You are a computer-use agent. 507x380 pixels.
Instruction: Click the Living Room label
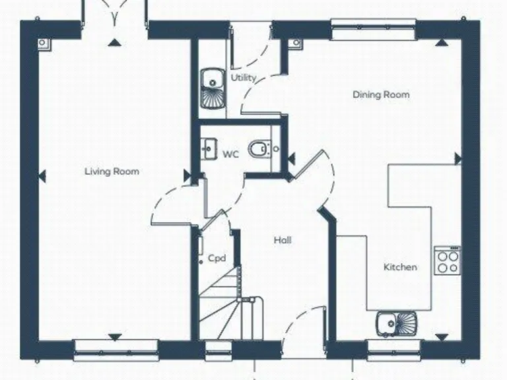[112, 172]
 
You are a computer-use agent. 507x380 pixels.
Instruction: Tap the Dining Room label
[380, 94]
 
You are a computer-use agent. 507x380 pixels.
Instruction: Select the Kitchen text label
[400, 267]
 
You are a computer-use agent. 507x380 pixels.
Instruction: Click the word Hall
[283, 240]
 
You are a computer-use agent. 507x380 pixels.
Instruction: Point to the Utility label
[243, 78]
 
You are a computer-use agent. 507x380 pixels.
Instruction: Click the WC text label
[230, 154]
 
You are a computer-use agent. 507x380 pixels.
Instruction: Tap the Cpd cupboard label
[217, 259]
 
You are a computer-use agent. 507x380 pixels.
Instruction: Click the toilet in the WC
[259, 150]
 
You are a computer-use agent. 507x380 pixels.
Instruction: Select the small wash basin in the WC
[209, 149]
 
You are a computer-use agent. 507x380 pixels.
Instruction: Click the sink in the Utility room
[212, 89]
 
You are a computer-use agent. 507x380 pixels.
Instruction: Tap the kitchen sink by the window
[397, 323]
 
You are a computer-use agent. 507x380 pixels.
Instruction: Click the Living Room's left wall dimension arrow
[43, 175]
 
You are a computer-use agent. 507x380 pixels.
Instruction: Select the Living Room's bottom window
[115, 346]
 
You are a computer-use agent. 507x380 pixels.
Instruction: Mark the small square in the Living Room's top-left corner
[44, 44]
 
